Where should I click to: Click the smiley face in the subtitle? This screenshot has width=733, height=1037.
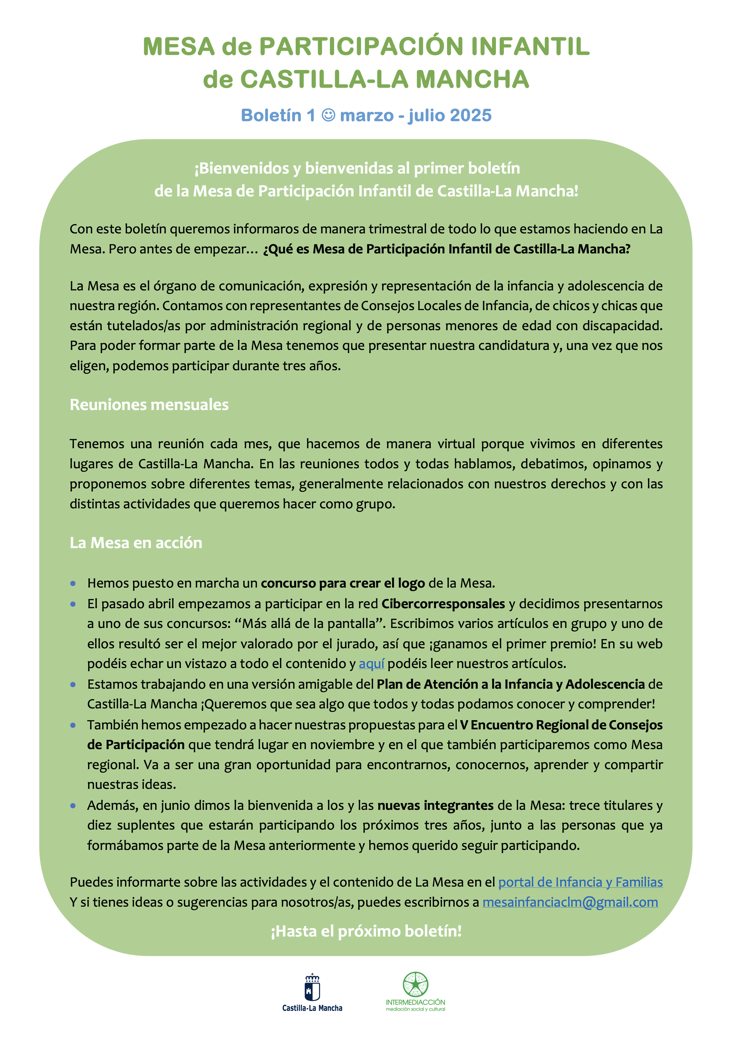(328, 115)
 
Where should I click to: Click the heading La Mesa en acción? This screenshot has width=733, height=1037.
(136, 543)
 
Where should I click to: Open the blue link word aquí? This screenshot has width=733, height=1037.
(371, 663)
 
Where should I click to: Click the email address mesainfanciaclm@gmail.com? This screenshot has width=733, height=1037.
(570, 902)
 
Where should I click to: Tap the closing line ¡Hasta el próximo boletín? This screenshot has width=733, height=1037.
(366, 931)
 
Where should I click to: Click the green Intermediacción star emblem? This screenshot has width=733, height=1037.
(415, 984)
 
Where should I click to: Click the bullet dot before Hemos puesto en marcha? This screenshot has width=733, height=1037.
(73, 584)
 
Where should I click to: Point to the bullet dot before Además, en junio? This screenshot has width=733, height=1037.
(73, 806)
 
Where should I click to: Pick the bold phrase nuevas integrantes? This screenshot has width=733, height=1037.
(435, 805)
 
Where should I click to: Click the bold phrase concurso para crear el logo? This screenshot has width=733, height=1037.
(342, 583)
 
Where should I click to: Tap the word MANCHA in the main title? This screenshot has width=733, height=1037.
(472, 80)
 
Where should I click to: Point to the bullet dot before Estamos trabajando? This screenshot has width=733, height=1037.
(73, 685)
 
